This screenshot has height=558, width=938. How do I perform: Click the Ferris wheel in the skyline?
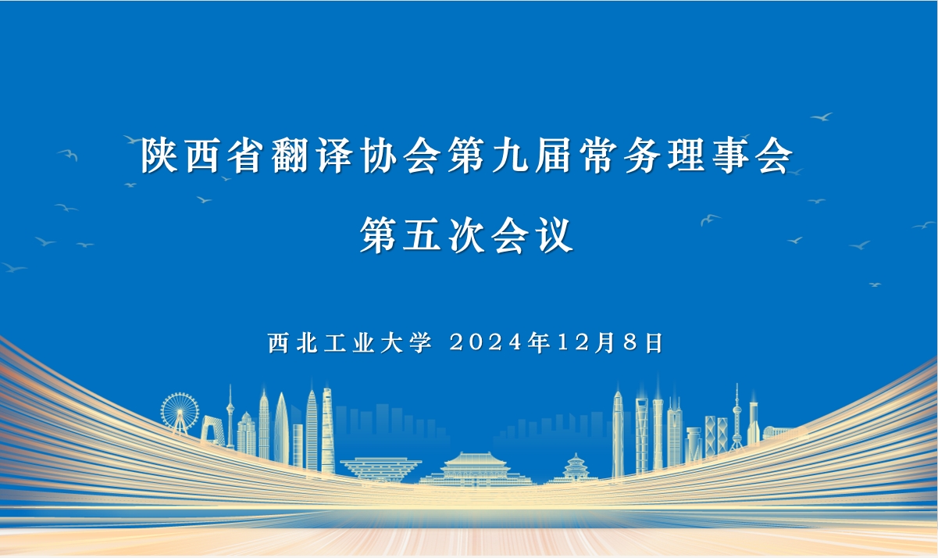click(x=180, y=411)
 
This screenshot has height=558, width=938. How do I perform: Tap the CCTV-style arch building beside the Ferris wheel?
click(x=212, y=431)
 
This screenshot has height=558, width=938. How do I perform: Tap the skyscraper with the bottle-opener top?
click(x=641, y=434)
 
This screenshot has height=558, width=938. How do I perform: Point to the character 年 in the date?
click(x=539, y=342)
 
